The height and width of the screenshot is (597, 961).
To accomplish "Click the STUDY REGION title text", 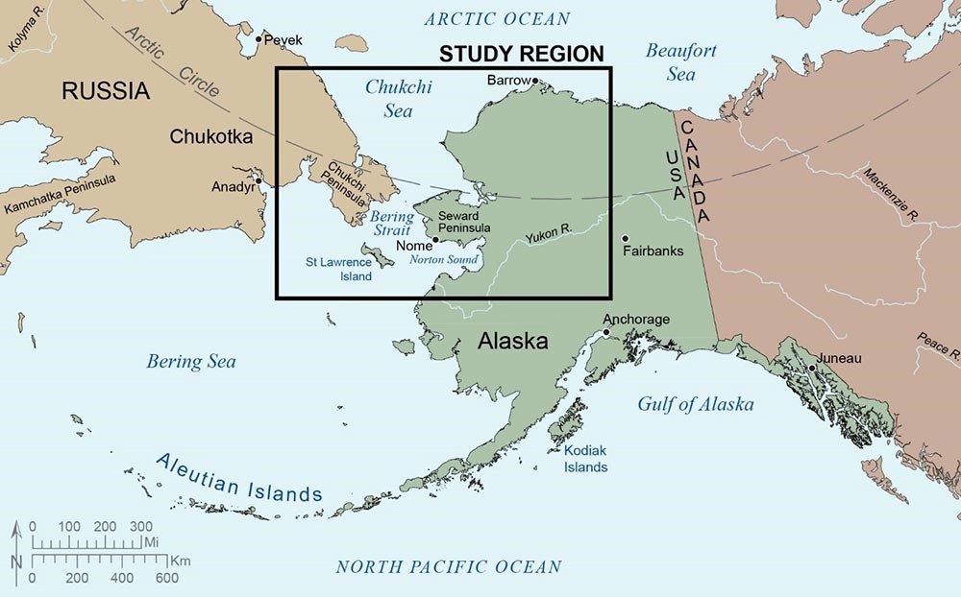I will click(x=522, y=55).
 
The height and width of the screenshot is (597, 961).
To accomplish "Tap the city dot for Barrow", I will click(x=536, y=82).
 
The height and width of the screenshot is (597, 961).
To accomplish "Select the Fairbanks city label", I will click(x=655, y=252).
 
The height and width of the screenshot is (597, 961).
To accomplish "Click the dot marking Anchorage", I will click(x=606, y=333).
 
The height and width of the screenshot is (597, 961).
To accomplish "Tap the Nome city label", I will click(x=414, y=246).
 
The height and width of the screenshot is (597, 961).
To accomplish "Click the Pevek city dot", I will click(x=258, y=40).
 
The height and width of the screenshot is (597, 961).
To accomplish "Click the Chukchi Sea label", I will click(x=399, y=99).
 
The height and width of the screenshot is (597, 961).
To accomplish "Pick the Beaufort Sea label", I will click(x=680, y=61).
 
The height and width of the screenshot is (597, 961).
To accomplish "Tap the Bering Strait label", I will click(x=392, y=224).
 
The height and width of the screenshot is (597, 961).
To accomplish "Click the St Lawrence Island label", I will click(x=338, y=269).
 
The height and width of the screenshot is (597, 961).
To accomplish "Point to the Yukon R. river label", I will click(x=549, y=234).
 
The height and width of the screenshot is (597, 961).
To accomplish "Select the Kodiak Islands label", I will click(x=585, y=458).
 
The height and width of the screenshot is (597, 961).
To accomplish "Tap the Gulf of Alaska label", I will click(x=695, y=404).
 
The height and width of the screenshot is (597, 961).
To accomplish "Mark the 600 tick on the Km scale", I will click(x=165, y=578).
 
